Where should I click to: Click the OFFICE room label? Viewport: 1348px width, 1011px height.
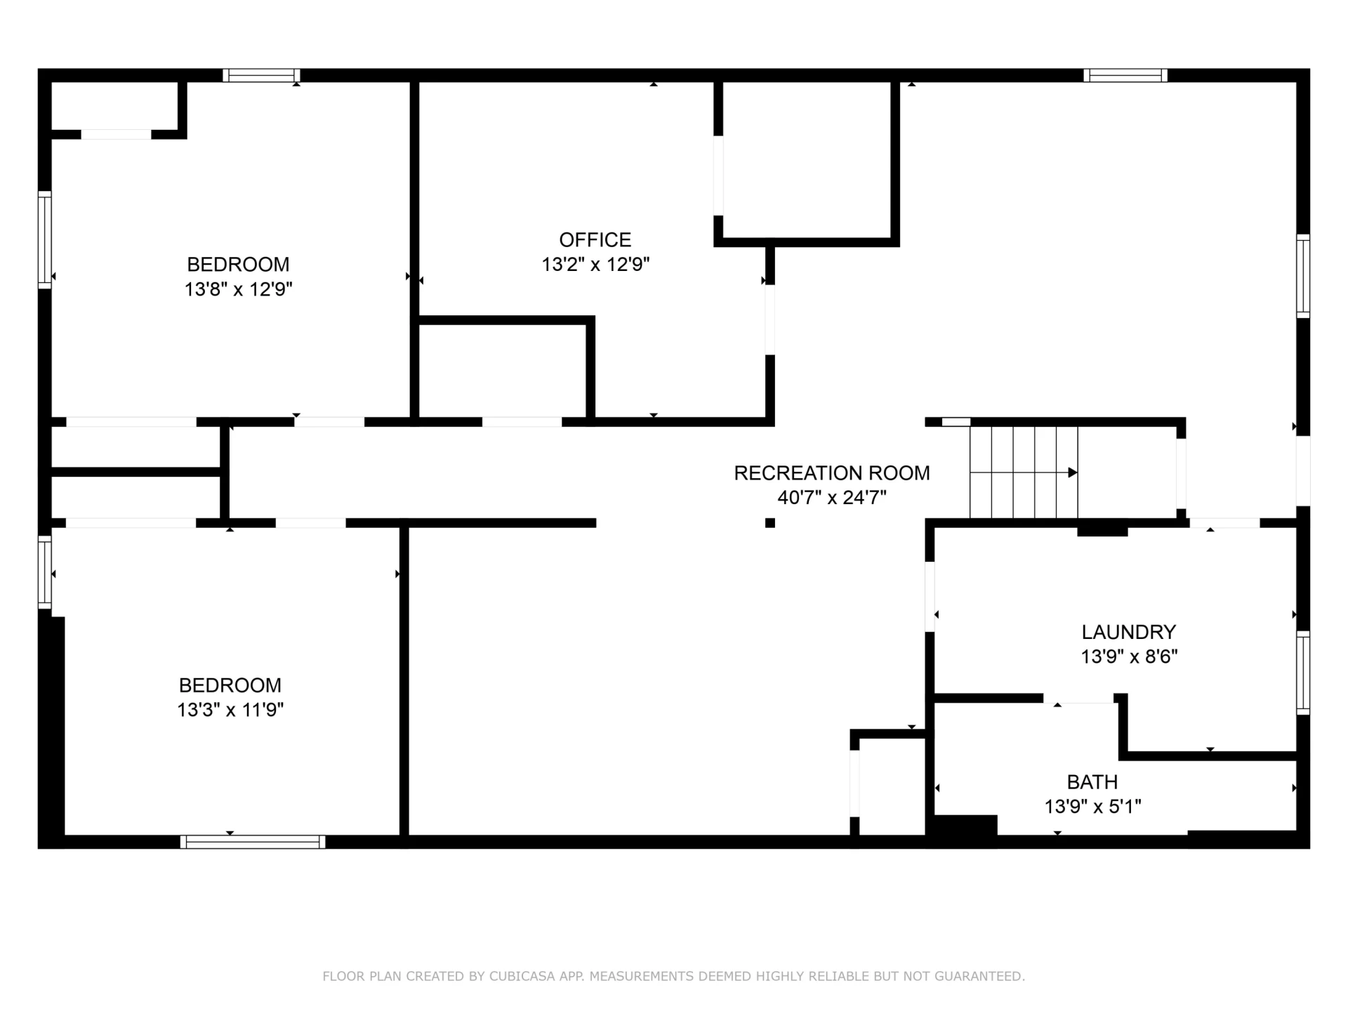pos(595,240)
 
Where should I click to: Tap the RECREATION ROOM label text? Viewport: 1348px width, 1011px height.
pos(832,473)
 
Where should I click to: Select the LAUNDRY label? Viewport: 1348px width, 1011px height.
pos(1128,632)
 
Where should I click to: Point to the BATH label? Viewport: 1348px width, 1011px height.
pos(1092,782)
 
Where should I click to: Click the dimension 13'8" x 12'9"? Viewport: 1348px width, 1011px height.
pos(238,289)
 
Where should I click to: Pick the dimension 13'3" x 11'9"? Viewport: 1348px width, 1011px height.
pos(230,710)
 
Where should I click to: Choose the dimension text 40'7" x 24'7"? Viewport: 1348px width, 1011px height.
pos(832,498)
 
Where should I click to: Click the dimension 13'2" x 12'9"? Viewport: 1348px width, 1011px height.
pos(595,265)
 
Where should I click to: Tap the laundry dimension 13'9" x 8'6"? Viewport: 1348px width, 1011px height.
pos(1129,656)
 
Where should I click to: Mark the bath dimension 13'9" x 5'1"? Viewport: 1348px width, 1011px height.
pos(1092,807)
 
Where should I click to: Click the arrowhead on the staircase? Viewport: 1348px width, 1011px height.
pos(1072,473)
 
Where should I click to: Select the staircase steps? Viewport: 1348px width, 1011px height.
pos(1024,473)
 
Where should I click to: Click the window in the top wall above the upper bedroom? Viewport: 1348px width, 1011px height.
pos(262,75)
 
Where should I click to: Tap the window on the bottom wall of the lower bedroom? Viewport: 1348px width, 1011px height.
pos(253,842)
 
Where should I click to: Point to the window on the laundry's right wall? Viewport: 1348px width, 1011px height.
pos(1303,673)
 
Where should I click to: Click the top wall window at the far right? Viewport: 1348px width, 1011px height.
pos(1125,75)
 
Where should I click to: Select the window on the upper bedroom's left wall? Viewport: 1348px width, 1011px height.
pos(45,239)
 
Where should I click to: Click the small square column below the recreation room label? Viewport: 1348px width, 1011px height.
pos(770,523)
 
